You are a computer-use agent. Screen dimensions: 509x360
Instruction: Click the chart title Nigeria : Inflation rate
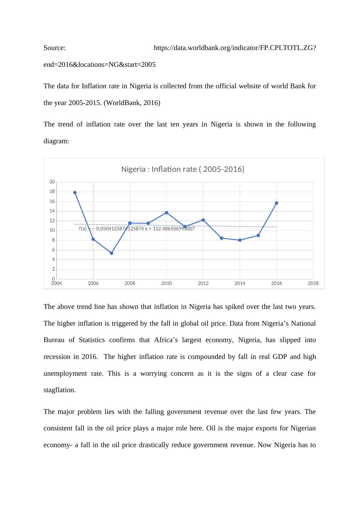[182, 169]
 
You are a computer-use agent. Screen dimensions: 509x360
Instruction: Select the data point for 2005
[75, 193]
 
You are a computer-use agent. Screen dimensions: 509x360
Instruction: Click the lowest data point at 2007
[112, 253]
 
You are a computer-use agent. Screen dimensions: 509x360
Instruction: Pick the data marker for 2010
[167, 213]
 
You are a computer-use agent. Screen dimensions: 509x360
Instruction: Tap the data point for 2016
[277, 203]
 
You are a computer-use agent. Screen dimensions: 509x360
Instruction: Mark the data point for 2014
[240, 240]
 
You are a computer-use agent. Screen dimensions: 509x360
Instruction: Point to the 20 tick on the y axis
[52, 182]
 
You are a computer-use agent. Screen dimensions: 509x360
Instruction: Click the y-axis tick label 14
[52, 211]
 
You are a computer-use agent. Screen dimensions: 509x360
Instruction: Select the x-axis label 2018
[313, 283]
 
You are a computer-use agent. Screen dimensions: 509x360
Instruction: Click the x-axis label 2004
[56, 283]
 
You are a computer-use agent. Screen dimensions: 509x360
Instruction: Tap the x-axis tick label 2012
[203, 283]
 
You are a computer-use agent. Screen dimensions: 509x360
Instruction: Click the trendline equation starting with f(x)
[137, 229]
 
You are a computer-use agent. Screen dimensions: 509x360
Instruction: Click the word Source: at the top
[54, 48]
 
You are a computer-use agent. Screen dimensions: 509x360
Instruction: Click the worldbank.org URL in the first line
[235, 48]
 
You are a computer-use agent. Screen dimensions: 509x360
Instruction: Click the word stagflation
[59, 390]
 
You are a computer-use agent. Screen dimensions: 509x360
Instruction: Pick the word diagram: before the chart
[56, 141]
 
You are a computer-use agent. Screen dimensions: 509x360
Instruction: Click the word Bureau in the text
[54, 340]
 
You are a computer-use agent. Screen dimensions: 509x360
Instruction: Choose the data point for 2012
[203, 220]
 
